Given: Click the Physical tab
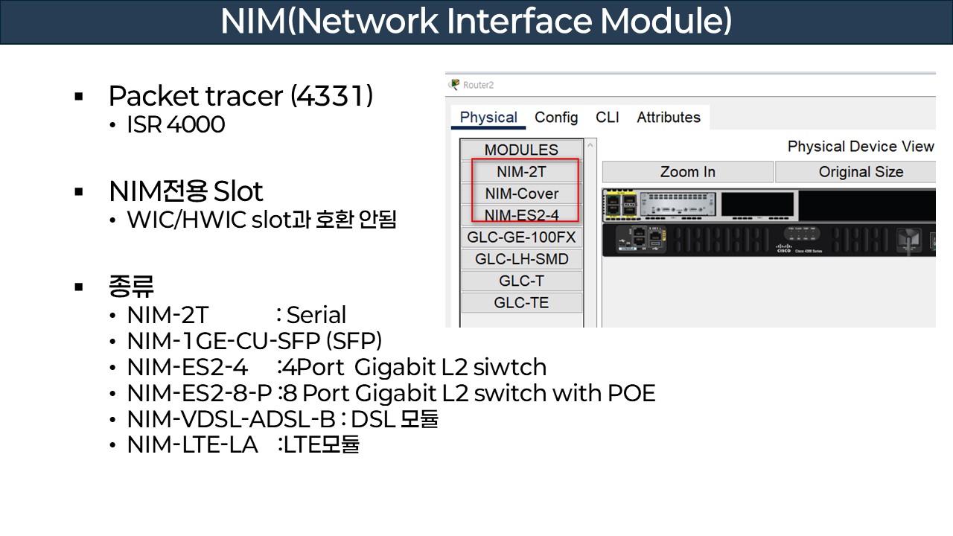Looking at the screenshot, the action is click(x=488, y=118).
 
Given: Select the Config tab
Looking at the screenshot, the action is click(x=556, y=118).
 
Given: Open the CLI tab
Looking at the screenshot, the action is click(x=607, y=118).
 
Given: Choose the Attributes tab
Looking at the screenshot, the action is click(x=668, y=118).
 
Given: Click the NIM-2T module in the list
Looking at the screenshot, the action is click(x=521, y=172).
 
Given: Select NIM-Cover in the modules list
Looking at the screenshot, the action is click(x=521, y=194).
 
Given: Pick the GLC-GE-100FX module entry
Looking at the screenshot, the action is click(x=521, y=237).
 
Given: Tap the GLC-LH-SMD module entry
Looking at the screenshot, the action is click(x=521, y=259).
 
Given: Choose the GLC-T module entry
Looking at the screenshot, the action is click(x=521, y=281).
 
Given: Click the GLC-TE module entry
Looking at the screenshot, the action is click(x=521, y=302).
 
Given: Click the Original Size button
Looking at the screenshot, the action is click(x=860, y=172).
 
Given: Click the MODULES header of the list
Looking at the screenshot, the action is click(x=521, y=150).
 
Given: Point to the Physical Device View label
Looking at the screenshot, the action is click(x=860, y=147).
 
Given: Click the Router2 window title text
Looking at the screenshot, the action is click(x=478, y=85).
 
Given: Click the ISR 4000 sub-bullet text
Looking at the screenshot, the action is click(x=176, y=124).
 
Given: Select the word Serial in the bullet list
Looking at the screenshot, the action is click(x=316, y=315).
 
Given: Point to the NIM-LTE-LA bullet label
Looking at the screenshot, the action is click(x=192, y=444).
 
